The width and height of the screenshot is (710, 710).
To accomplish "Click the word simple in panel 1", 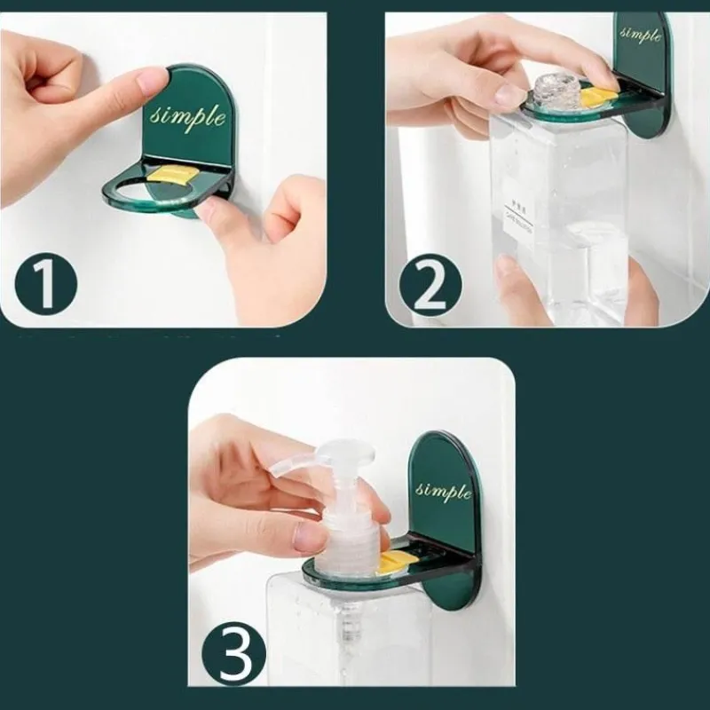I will point(188,116).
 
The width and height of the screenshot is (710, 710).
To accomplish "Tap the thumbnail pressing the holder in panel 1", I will point(152,81).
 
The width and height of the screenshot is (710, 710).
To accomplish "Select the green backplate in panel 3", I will point(444,524).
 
